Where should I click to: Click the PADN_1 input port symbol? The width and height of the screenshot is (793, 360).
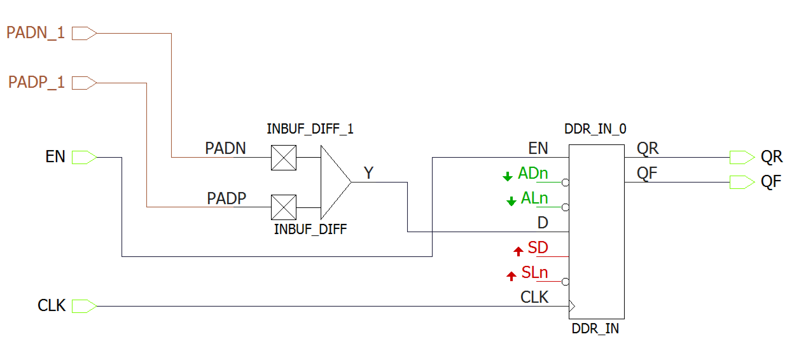pyautogui.click(x=84, y=33)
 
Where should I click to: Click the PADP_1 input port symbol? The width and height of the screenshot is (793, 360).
pyautogui.click(x=84, y=83)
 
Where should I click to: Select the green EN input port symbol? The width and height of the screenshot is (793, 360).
pyautogui.click(x=84, y=157)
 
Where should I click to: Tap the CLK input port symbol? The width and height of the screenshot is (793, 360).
pyautogui.click(x=84, y=306)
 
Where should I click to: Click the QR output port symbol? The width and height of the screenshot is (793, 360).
pyautogui.click(x=741, y=157)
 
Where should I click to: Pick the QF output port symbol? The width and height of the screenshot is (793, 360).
pyautogui.click(x=741, y=182)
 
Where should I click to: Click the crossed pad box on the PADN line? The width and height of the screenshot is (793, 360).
pyautogui.click(x=283, y=158)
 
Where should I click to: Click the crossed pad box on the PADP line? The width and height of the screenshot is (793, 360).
pyautogui.click(x=283, y=207)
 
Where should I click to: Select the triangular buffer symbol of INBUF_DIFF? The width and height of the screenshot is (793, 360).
pyautogui.click(x=334, y=182)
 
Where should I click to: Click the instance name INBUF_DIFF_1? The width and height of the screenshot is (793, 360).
pyautogui.click(x=310, y=129)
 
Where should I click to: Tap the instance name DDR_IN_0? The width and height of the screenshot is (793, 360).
pyautogui.click(x=595, y=129)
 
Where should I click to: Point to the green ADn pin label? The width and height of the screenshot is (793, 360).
pyautogui.click(x=533, y=173)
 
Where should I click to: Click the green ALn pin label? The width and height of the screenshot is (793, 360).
pyautogui.click(x=534, y=198)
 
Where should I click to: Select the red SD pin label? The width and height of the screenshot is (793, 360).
pyautogui.click(x=538, y=247)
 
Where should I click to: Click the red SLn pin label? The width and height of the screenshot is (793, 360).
pyautogui.click(x=534, y=273)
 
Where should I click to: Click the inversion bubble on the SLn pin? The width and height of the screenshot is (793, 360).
pyautogui.click(x=565, y=282)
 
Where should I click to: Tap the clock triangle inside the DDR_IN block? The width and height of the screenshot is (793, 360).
pyautogui.click(x=572, y=307)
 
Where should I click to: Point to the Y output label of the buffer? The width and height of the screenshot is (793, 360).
pyautogui.click(x=368, y=173)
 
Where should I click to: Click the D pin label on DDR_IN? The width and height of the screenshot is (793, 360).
pyautogui.click(x=543, y=223)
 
